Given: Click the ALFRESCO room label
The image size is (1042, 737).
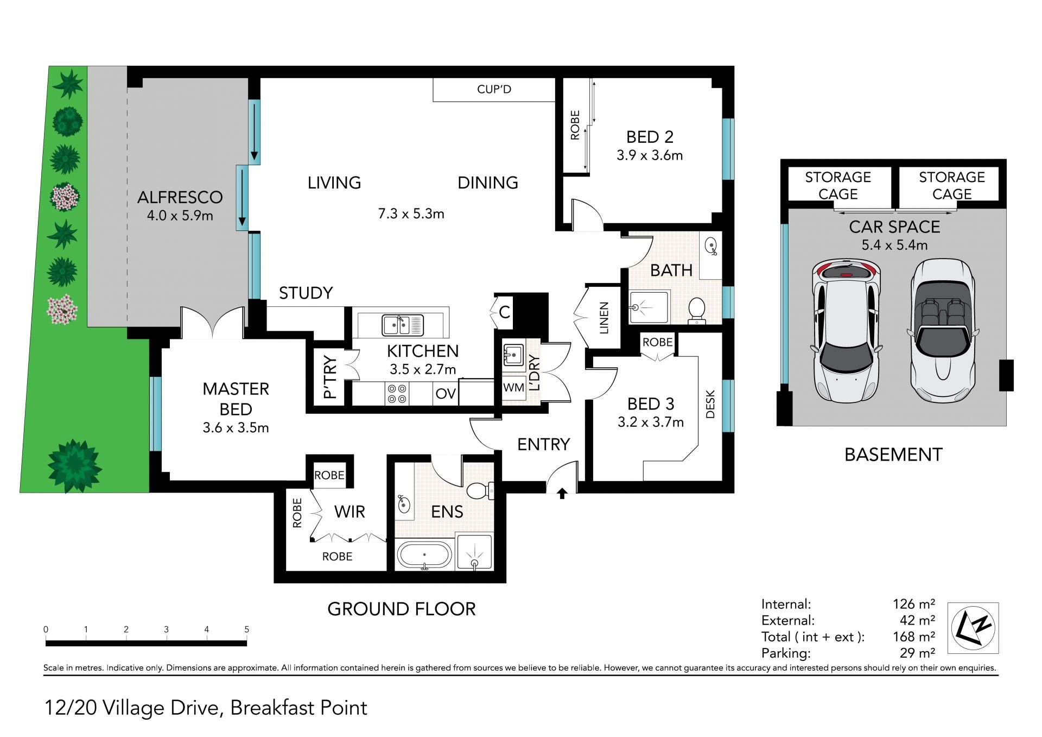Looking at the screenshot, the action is [x=180, y=197].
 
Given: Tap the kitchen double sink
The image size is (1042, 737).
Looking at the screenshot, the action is [x=403, y=325].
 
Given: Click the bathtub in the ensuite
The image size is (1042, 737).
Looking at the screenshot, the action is [x=424, y=555].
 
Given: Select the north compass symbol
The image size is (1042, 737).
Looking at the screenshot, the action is [x=973, y=628].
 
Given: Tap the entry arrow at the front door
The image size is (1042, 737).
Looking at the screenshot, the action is [x=562, y=493].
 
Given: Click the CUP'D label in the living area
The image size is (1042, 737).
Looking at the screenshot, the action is [x=494, y=89].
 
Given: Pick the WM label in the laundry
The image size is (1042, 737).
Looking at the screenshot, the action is [x=513, y=387].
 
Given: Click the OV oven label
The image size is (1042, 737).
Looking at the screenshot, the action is [x=446, y=393].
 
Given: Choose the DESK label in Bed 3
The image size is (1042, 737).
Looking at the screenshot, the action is [x=710, y=405].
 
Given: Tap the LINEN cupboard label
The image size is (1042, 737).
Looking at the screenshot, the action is [x=604, y=318].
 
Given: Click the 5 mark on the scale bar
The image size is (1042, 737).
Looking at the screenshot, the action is [x=246, y=629].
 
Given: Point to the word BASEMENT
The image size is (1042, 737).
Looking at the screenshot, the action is [x=893, y=455].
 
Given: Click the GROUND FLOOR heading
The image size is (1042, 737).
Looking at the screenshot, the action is [x=402, y=609].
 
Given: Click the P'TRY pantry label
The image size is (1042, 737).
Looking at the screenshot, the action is [x=330, y=377].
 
